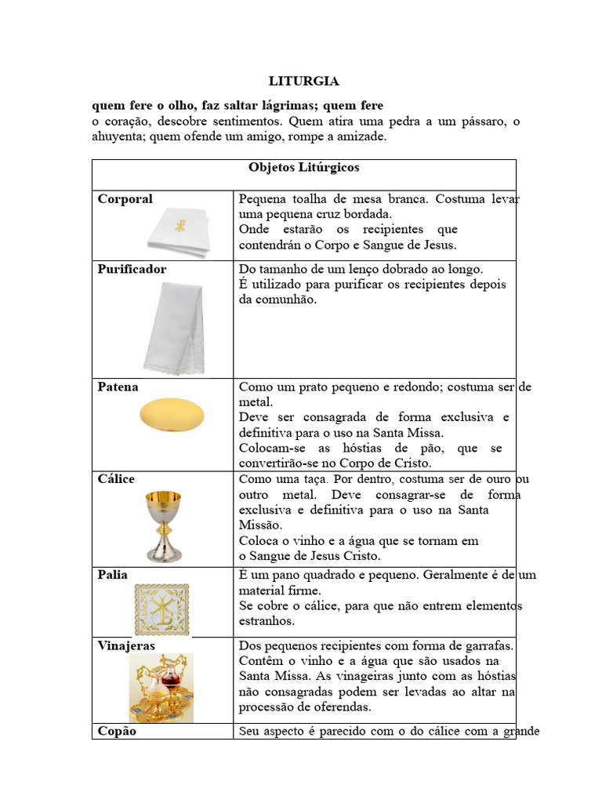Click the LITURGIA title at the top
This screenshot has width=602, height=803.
pos(303,81)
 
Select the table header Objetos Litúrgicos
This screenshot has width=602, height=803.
pos(303,168)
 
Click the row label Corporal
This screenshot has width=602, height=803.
pos(125,199)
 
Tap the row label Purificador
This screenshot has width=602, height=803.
pos(132,269)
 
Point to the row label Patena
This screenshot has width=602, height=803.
pos(118,387)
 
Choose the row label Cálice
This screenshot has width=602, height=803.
pos(116,479)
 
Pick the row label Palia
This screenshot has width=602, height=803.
pos(112,575)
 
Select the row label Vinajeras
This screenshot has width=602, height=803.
pos(126,645)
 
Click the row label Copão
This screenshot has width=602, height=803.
pos(117,731)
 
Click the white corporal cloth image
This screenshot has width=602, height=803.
pos(179,232)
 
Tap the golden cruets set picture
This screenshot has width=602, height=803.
pos(161,689)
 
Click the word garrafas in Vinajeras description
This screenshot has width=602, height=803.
pos(485,645)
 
